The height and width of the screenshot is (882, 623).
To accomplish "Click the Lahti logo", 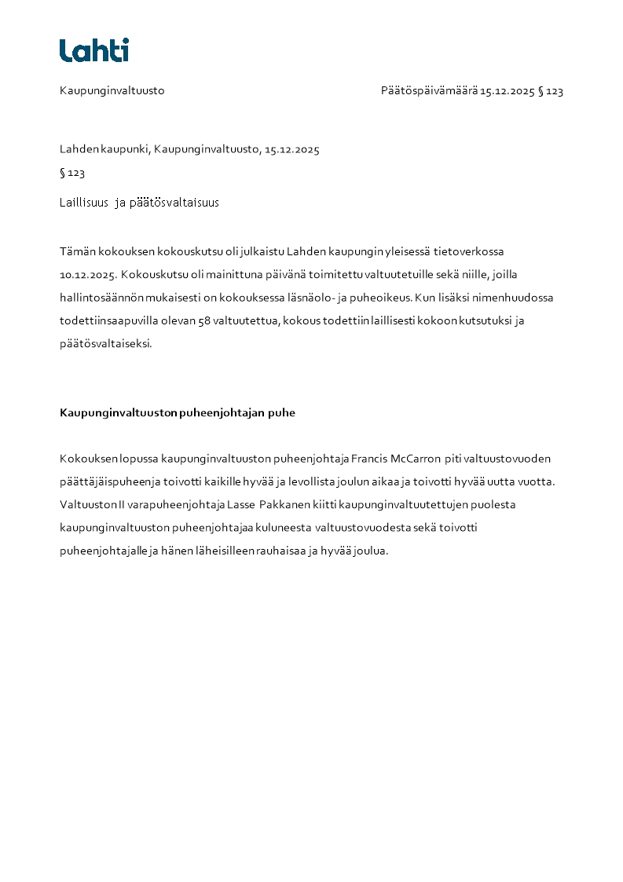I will tap(94, 50).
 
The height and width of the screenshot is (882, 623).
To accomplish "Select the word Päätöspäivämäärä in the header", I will tap(429, 90).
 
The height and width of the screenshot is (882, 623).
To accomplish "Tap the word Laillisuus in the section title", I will tap(84, 203).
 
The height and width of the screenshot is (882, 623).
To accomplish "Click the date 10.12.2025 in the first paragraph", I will tap(88, 275).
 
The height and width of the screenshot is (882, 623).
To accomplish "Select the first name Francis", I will tap(369, 459).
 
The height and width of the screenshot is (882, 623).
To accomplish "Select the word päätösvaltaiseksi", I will tap(105, 343).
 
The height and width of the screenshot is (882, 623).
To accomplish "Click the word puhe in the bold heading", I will tap(282, 413).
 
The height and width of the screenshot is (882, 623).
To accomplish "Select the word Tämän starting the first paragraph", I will tap(76, 252).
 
